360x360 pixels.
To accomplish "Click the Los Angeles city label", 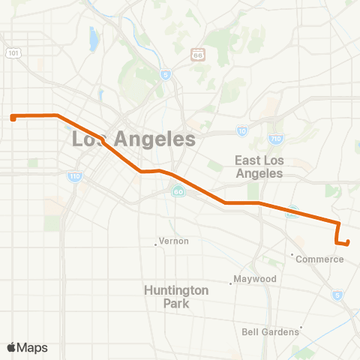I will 133,139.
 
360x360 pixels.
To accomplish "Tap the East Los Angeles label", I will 258,166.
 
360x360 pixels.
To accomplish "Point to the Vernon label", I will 173,241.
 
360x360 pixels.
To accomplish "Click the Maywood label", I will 256,279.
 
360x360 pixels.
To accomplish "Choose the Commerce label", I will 319,259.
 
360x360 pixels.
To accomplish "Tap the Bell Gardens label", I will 271,331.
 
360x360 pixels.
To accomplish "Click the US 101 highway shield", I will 13,52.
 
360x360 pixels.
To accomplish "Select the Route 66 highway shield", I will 198,55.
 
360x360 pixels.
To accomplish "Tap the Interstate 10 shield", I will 241,130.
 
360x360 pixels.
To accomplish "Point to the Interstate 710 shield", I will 275,139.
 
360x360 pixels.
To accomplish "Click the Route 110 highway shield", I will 74,177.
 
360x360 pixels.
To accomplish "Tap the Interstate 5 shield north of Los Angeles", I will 165,74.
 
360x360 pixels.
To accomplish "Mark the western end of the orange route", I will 13,117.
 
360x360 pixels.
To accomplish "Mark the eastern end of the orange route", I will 348,241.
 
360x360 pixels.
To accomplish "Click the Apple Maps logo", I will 27,347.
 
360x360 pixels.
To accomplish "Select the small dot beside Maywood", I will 231,283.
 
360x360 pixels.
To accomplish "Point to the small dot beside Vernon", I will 156,243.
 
